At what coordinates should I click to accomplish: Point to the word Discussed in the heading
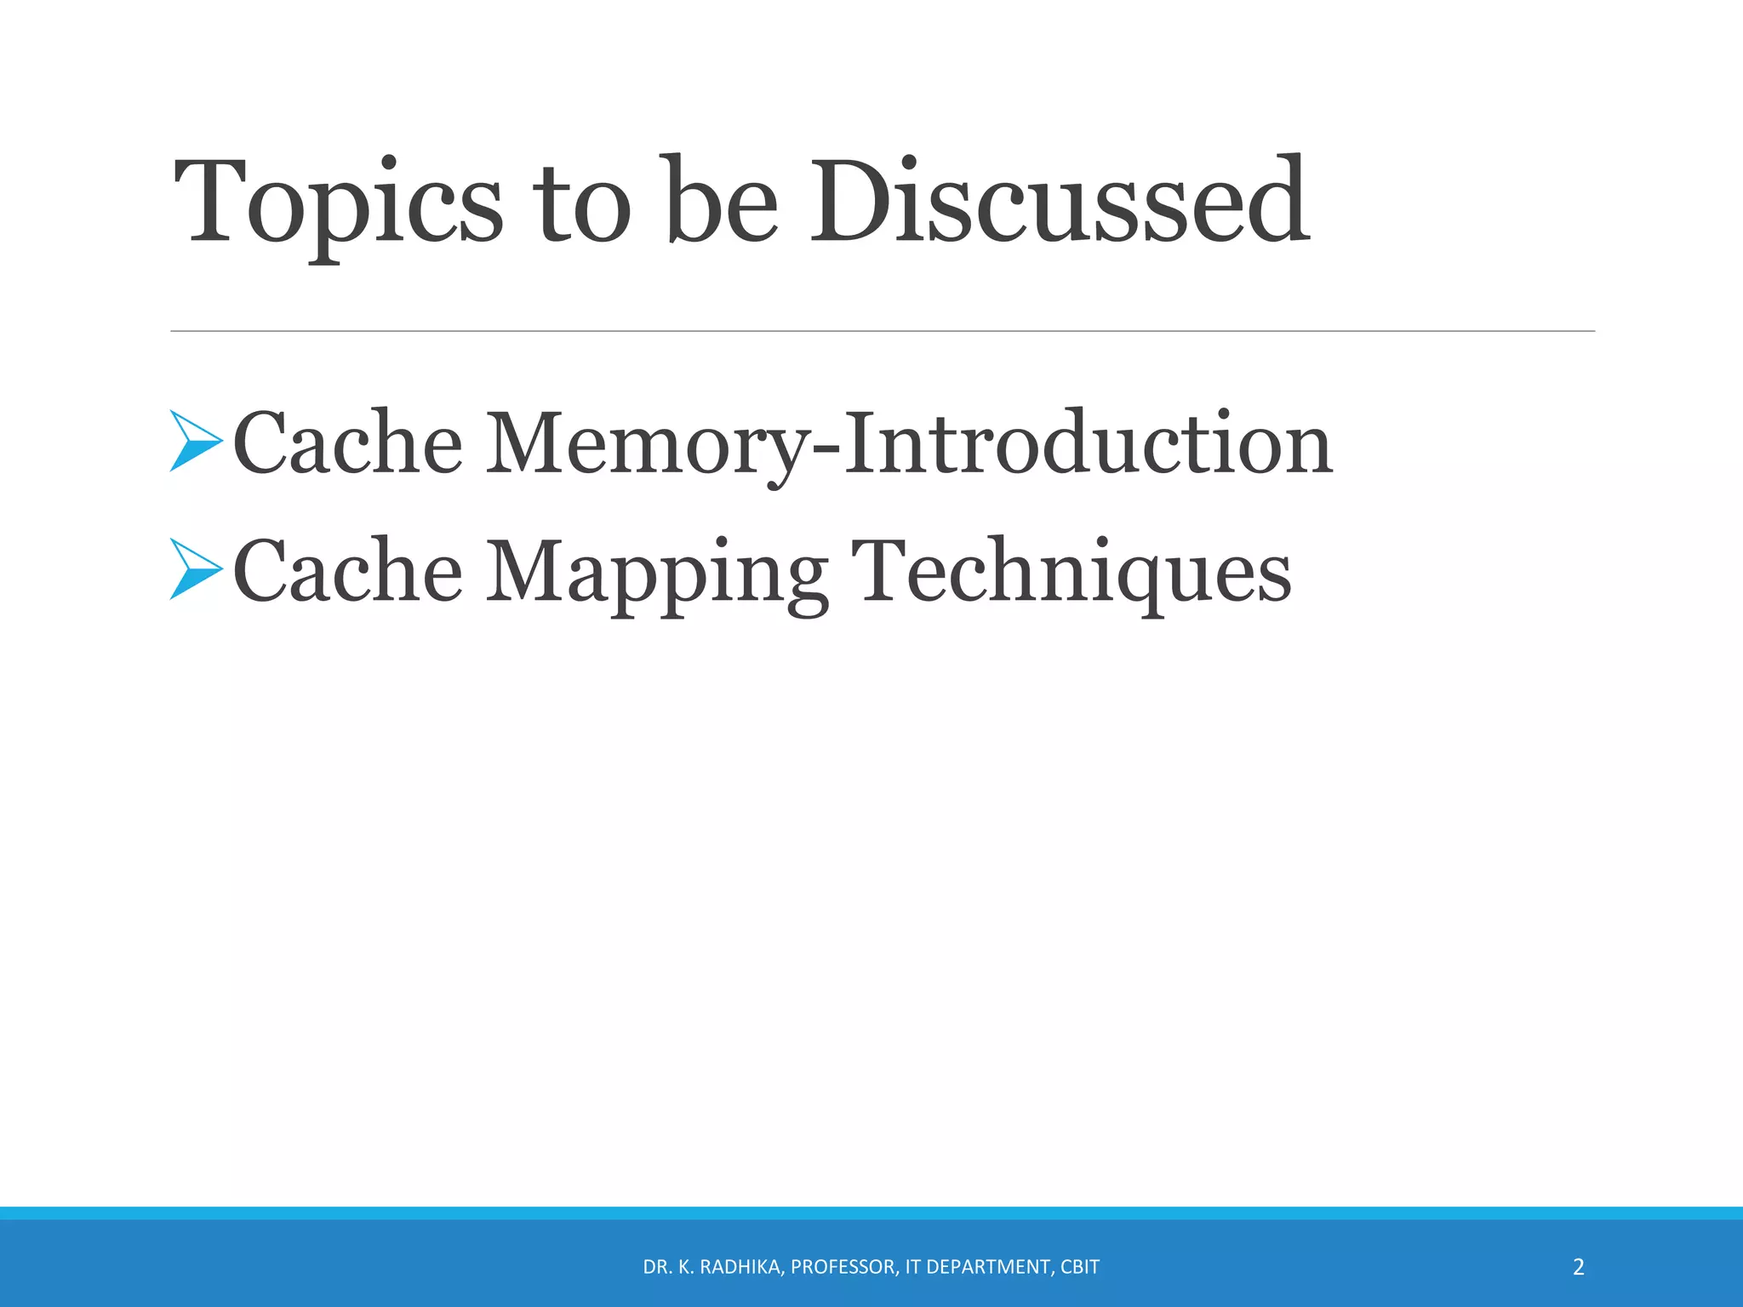(1059, 204)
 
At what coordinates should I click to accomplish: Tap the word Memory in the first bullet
(647, 444)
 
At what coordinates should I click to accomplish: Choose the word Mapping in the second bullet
(656, 572)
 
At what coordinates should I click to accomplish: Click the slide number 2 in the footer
(1579, 1267)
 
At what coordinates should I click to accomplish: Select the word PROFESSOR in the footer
(843, 1267)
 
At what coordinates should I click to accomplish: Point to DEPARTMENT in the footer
(988, 1267)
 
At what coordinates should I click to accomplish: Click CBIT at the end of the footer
(1080, 1267)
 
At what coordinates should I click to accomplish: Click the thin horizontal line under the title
(882, 331)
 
